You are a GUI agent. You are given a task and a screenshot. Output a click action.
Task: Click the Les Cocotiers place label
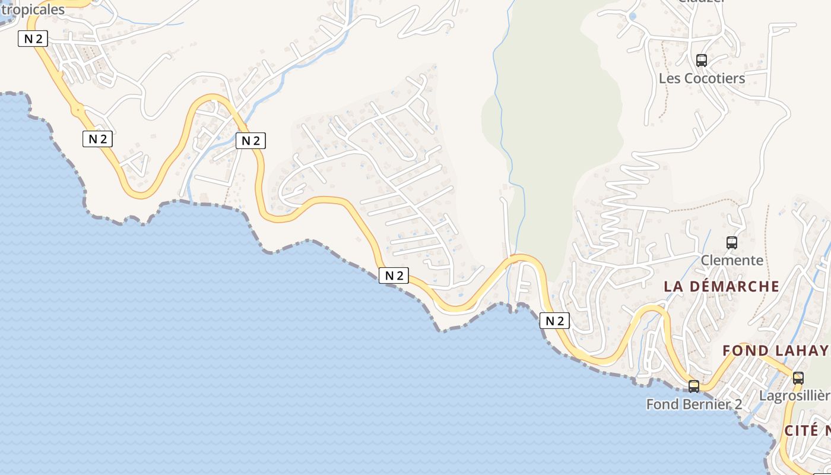click(x=702, y=78)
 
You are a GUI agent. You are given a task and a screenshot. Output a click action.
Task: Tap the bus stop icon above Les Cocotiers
click(x=702, y=60)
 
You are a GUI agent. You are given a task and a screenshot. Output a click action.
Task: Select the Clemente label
click(x=732, y=260)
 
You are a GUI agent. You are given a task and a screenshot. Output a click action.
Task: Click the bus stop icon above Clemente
click(x=732, y=242)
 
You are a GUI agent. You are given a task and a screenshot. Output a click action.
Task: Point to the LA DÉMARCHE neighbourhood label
click(x=721, y=286)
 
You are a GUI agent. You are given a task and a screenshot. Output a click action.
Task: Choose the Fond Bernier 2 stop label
click(x=693, y=404)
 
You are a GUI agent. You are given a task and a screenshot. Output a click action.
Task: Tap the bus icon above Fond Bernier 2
click(x=693, y=387)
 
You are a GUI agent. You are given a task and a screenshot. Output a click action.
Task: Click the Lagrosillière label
click(x=794, y=396)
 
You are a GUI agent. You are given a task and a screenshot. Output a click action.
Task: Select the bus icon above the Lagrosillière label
click(x=798, y=378)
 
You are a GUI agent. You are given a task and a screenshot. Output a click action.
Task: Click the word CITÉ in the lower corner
click(x=801, y=430)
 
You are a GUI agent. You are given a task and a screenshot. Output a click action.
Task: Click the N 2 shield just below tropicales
click(x=32, y=39)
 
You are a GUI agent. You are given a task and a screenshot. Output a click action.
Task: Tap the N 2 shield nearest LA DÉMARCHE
click(x=554, y=321)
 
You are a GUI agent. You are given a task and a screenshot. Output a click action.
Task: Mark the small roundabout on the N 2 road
click(x=77, y=110)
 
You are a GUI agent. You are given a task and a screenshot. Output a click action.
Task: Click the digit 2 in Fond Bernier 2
click(x=738, y=404)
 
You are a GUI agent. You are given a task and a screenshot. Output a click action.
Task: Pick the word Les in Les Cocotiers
click(x=670, y=78)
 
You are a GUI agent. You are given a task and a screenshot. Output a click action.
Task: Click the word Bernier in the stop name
click(x=707, y=404)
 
